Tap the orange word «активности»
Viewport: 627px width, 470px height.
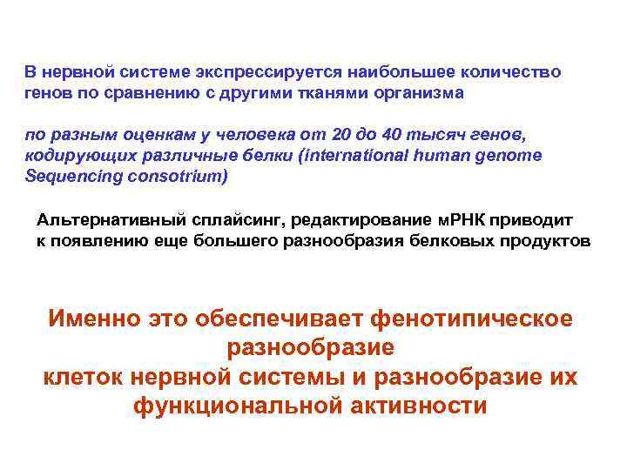tap(427, 406)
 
